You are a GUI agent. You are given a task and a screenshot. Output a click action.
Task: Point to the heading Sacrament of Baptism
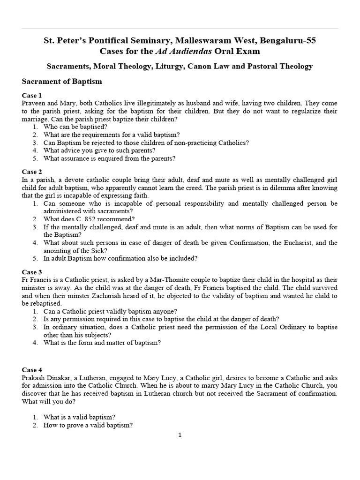click(x=62, y=81)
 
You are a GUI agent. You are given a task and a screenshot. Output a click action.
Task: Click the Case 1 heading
click(x=32, y=95)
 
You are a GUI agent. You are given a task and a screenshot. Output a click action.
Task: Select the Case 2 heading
click(x=32, y=172)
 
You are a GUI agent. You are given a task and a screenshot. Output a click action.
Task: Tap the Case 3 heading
click(x=32, y=272)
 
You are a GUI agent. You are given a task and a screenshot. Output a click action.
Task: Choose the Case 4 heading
click(x=32, y=370)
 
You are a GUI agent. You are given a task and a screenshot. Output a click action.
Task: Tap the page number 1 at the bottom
click(x=180, y=435)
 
